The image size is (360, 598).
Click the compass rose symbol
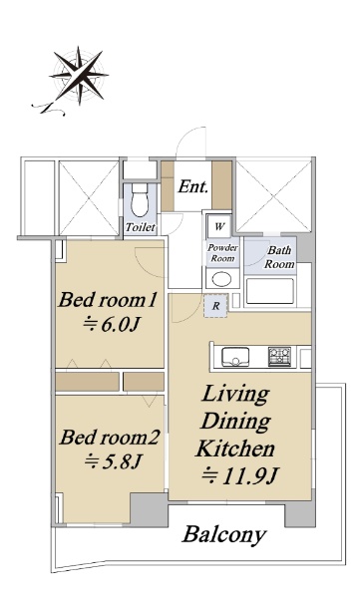click(x=79, y=76)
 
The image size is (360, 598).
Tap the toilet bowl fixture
click(x=140, y=200)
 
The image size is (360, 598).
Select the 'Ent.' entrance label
click(x=193, y=186)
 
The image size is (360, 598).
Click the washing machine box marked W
click(x=218, y=226)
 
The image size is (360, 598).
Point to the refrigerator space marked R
click(x=215, y=306)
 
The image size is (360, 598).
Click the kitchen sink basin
click(x=235, y=357)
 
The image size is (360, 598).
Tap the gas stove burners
click(x=279, y=357)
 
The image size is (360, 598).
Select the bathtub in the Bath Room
click(x=270, y=291)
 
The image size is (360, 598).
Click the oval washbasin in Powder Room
click(x=221, y=279)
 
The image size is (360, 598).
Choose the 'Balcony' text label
click(x=224, y=534)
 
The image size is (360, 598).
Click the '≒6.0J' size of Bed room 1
click(x=111, y=324)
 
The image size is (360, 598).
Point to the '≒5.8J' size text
click(x=113, y=461)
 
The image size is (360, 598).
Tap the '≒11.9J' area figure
click(x=239, y=475)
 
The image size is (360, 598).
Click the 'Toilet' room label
click(x=141, y=227)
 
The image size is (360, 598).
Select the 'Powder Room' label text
click(x=223, y=253)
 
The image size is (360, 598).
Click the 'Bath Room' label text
click(x=280, y=257)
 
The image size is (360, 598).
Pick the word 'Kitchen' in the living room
click(x=235, y=448)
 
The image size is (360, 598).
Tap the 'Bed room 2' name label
click(x=109, y=438)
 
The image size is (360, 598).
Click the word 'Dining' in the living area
click(x=235, y=422)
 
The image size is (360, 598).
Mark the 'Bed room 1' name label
click(x=108, y=300)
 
